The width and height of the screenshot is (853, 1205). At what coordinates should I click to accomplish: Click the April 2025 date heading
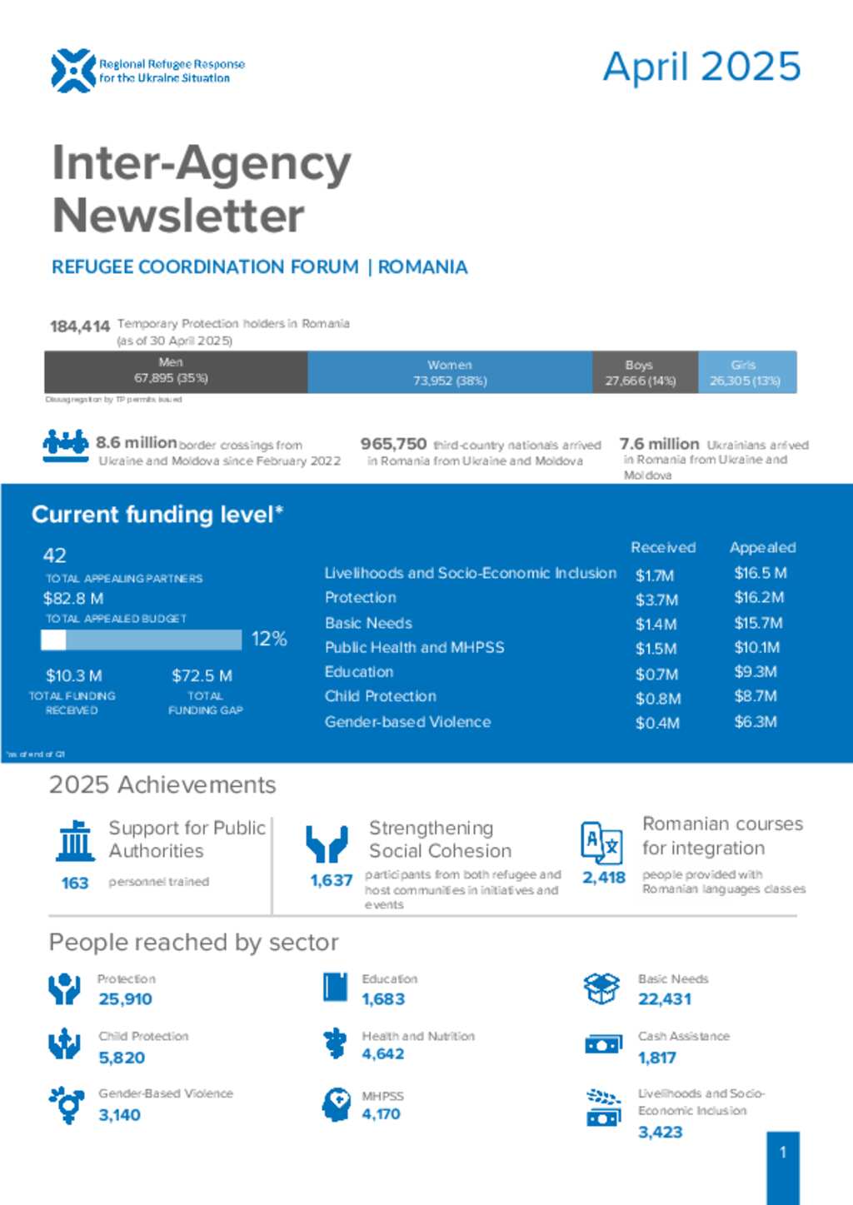click(701, 67)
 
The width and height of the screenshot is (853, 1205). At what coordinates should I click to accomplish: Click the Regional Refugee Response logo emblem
click(72, 70)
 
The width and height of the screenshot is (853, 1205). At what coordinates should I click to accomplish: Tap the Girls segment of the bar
click(746, 372)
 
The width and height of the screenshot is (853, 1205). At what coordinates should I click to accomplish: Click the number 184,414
click(80, 326)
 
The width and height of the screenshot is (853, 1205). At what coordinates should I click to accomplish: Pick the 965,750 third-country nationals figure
click(393, 445)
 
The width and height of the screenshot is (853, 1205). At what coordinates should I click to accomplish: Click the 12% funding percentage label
click(269, 639)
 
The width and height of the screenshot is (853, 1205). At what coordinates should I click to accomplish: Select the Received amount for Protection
click(656, 600)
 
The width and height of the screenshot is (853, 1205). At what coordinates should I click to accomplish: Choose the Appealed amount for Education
click(755, 672)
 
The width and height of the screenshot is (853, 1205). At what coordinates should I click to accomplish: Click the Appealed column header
click(762, 547)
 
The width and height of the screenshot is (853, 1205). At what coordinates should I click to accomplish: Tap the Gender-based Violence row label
click(407, 722)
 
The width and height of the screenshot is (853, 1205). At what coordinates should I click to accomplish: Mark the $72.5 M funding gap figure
click(202, 675)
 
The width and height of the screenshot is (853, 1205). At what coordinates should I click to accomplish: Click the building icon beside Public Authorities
click(76, 841)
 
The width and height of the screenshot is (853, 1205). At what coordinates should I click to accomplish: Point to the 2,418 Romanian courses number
click(604, 877)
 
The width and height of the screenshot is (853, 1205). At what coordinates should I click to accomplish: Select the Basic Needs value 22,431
click(665, 999)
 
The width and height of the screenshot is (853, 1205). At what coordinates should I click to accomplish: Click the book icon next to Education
click(335, 988)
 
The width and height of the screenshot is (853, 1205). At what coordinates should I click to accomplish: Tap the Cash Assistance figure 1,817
click(657, 1058)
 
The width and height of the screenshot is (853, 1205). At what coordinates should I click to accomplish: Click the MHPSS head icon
click(337, 1104)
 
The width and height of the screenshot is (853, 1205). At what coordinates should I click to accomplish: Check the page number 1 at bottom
click(783, 1153)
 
